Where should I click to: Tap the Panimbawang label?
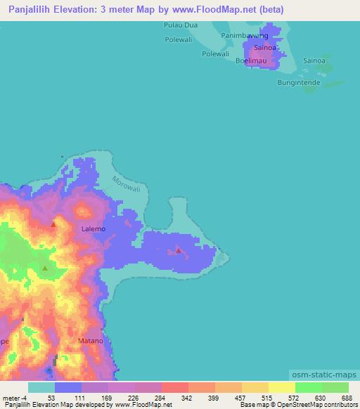(245, 34)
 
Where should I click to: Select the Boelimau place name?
(252, 61)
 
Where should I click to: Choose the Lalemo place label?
(94, 229)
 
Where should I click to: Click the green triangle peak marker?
(45, 268)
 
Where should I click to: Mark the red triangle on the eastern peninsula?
(179, 249)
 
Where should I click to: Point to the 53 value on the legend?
(51, 398)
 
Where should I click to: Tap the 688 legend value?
(346, 398)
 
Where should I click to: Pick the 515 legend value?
(265, 398)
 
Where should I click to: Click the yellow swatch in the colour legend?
(281, 387)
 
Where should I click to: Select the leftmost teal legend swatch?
(41, 387)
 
